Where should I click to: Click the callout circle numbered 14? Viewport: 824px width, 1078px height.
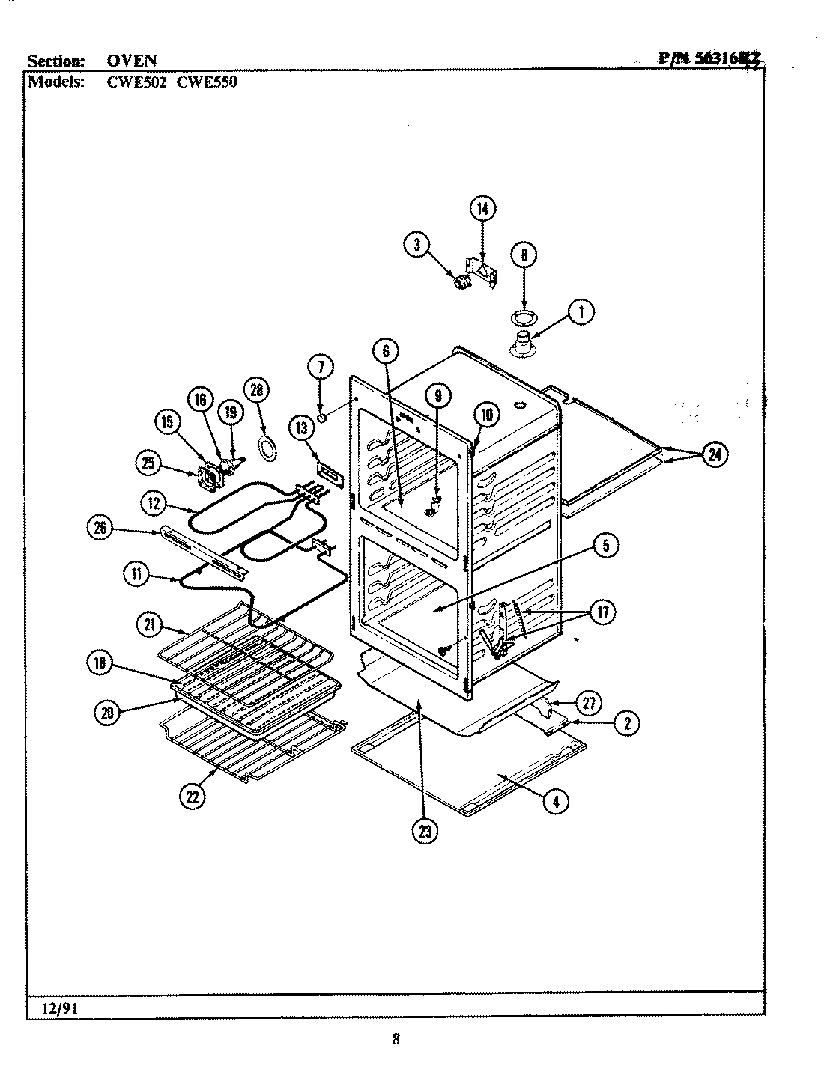(x=482, y=209)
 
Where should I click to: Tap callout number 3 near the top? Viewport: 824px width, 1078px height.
(x=416, y=243)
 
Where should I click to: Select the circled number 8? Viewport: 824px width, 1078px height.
(x=524, y=255)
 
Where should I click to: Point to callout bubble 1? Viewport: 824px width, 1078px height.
(x=581, y=313)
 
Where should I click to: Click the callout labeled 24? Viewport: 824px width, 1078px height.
(x=715, y=454)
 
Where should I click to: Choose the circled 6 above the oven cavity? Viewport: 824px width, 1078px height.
(x=385, y=350)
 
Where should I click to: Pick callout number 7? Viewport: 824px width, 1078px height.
(x=320, y=367)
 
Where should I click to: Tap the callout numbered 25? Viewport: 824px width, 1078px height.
(x=149, y=463)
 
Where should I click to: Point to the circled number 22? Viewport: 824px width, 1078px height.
(x=193, y=797)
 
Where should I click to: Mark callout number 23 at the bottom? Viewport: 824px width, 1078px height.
(x=425, y=832)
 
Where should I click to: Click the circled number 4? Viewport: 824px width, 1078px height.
(x=555, y=802)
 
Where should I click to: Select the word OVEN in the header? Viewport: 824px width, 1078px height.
(x=131, y=61)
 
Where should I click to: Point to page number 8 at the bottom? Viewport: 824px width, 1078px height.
(x=396, y=1038)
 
